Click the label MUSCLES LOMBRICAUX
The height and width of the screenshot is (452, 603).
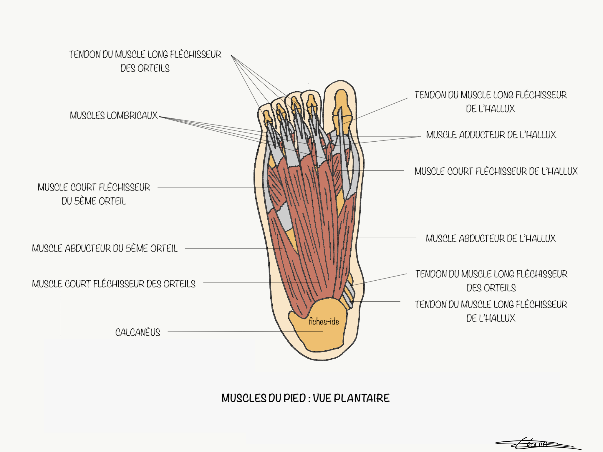click(x=114, y=115)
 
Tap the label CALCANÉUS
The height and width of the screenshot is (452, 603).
click(x=138, y=332)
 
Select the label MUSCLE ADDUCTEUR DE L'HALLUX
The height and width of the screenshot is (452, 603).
click(x=491, y=135)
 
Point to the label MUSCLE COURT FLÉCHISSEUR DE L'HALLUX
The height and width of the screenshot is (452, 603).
click(x=496, y=171)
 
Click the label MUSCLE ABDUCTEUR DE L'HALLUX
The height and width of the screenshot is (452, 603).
click(x=491, y=238)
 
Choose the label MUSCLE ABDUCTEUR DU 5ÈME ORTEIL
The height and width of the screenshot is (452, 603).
click(x=105, y=248)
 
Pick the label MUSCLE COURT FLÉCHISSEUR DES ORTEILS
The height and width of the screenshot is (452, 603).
click(x=114, y=284)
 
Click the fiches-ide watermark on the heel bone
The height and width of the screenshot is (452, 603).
click(x=324, y=321)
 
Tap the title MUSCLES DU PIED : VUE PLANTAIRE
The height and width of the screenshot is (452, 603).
click(x=305, y=398)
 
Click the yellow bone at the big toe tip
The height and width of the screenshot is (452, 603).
click(x=341, y=100)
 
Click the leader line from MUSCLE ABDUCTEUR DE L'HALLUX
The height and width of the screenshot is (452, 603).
click(x=383, y=238)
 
